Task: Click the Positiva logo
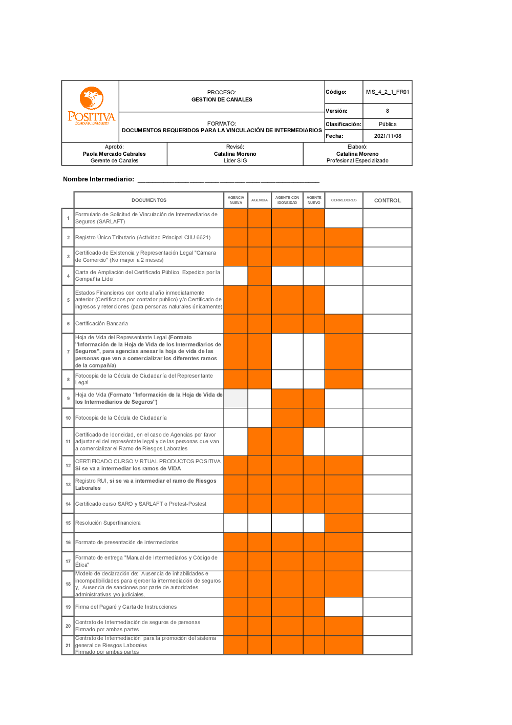[91, 106]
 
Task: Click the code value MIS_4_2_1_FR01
[387, 92]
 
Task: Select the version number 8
[387, 111]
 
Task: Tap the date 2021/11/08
[387, 136]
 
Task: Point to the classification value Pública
[387, 124]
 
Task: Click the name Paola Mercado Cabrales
[114, 154]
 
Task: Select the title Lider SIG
[235, 160]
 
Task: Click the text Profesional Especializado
[357, 160]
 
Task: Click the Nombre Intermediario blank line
[228, 180]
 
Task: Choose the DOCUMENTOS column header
[148, 200]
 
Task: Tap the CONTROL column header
[387, 200]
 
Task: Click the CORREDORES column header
[344, 200]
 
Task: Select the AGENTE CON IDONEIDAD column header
[287, 200]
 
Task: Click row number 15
[68, 523]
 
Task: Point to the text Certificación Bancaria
[101, 324]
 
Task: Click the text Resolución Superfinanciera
[108, 523]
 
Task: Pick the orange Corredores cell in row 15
[344, 523]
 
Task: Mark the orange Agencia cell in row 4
[260, 276]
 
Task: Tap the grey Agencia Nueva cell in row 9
[236, 399]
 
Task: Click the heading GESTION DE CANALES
[222, 99]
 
